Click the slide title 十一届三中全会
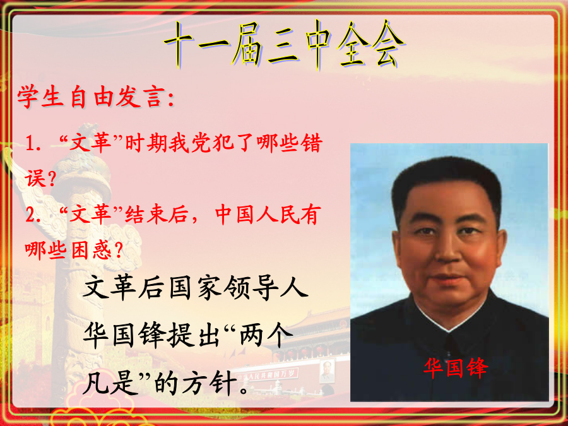tap(285, 45)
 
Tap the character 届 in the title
tap(247, 45)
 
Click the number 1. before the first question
tap(33, 143)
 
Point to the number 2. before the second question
tap(33, 215)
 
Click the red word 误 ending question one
tap(35, 178)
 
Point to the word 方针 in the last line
tap(210, 383)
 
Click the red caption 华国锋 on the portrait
tap(455, 368)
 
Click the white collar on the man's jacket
tap(449, 319)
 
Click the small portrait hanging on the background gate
tap(327, 371)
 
